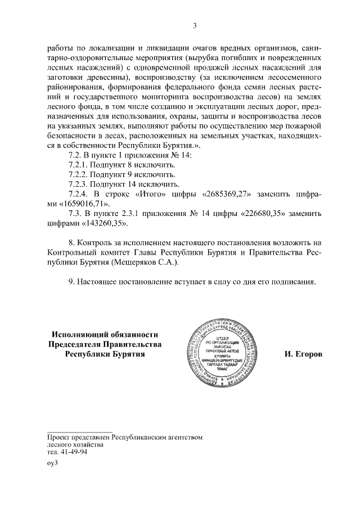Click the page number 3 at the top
point(195,25)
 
